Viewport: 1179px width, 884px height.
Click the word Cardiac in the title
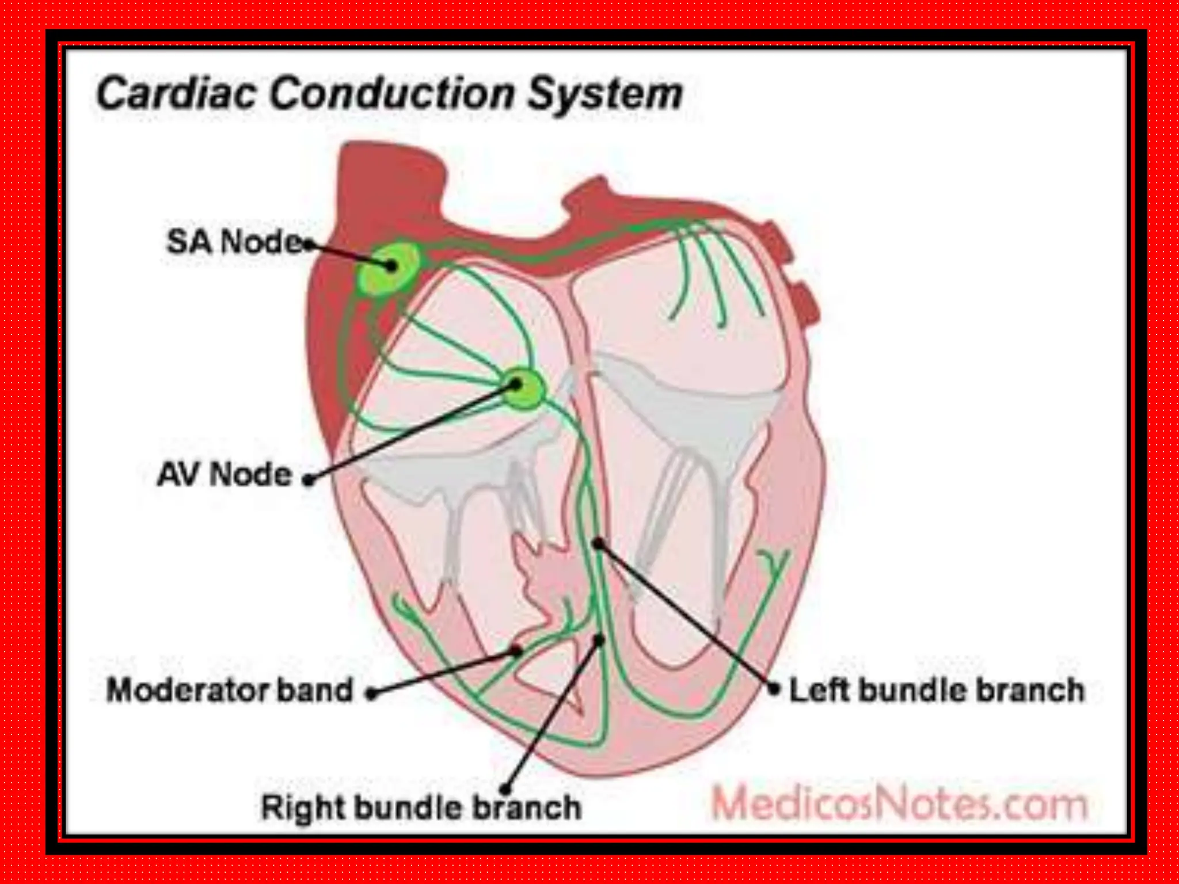coord(175,94)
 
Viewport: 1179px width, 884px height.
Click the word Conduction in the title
coord(391,94)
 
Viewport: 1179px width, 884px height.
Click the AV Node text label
coord(225,475)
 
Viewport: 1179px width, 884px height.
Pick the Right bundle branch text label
coord(421,807)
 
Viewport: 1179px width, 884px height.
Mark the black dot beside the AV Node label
coord(309,479)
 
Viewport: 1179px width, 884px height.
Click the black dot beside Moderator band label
coord(372,694)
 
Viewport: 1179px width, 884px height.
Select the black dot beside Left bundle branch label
coord(775,688)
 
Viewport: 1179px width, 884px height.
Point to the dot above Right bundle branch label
coord(506,788)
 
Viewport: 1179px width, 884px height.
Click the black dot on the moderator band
coord(518,650)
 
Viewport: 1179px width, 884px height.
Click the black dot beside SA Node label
coord(309,245)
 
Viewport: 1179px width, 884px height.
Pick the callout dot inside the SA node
coord(392,265)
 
